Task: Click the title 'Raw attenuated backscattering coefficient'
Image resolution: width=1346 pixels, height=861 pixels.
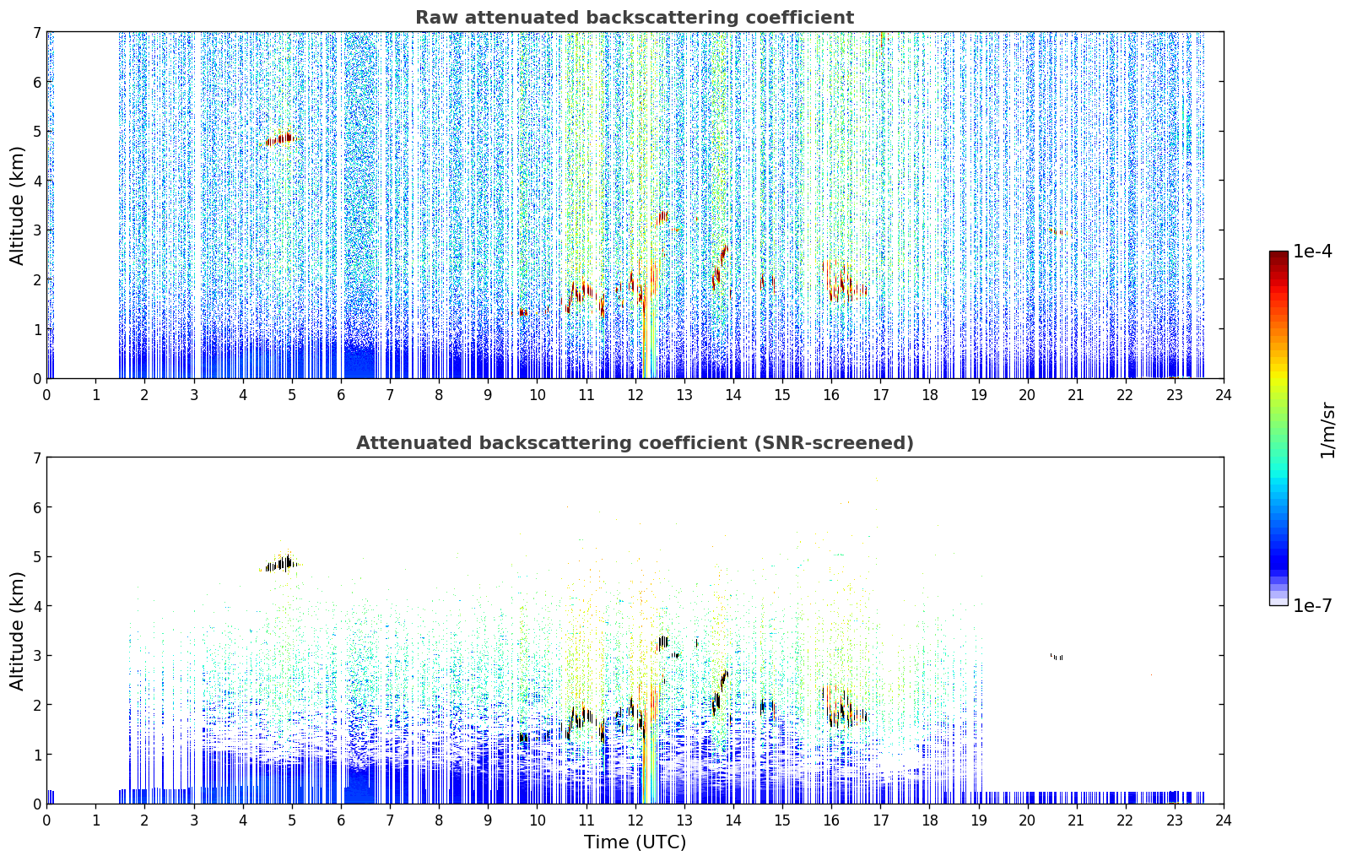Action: (x=635, y=18)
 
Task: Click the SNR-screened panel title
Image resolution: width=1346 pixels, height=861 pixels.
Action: (x=635, y=443)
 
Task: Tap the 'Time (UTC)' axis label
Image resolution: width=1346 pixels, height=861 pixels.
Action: (x=635, y=842)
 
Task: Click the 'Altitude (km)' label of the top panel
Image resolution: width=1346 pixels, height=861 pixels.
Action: (x=17, y=205)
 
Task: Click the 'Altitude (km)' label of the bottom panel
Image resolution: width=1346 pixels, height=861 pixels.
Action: (x=17, y=631)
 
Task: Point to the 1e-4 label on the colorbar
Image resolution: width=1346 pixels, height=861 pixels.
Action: (x=1312, y=252)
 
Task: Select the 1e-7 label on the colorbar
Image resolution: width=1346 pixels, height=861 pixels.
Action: (x=1312, y=605)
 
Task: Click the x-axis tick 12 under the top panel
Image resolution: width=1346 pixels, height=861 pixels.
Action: (x=635, y=395)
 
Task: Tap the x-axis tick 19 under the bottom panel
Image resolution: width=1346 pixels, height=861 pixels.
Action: (x=979, y=820)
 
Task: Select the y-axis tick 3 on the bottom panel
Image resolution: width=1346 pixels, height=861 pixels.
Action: (x=37, y=655)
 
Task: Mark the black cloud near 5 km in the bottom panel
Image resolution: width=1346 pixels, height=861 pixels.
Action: (x=281, y=564)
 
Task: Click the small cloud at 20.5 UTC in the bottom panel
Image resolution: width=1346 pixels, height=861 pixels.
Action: (x=1057, y=657)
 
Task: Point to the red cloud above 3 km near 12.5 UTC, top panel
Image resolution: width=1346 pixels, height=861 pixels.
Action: (x=662, y=217)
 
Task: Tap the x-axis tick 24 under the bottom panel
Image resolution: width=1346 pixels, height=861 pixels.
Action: (x=1224, y=820)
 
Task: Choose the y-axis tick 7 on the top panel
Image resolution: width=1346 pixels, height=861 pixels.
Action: (x=37, y=32)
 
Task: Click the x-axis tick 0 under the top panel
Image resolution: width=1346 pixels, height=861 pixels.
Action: (x=47, y=395)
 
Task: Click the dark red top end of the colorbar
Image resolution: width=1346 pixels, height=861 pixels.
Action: (x=1278, y=255)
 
